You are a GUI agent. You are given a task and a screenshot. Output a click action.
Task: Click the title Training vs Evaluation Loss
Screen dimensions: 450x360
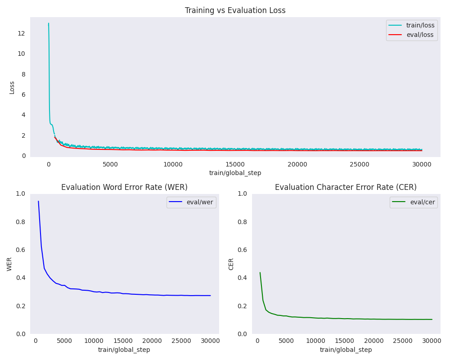[x=235, y=10]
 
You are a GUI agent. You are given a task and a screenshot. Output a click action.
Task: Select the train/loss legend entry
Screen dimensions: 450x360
[x=411, y=25]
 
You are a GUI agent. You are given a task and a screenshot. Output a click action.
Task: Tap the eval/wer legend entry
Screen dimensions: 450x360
[x=191, y=202]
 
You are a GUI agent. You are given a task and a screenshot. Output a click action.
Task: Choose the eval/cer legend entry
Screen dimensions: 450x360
[x=414, y=202]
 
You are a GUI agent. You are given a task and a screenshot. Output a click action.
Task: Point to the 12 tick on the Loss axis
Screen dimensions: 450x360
[x=21, y=33]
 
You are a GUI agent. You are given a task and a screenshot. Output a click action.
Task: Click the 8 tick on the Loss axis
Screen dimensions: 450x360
[x=23, y=74]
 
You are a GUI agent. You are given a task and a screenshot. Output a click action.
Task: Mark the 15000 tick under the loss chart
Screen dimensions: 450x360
[x=235, y=165]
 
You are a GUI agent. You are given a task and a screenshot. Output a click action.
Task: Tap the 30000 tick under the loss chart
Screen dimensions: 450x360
[x=422, y=165]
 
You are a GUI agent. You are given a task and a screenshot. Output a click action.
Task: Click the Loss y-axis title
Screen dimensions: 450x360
[x=12, y=88]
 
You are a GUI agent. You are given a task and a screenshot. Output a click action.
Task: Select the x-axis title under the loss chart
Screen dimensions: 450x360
[x=235, y=173]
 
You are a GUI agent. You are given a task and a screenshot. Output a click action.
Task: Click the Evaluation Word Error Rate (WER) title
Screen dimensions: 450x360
[x=124, y=187]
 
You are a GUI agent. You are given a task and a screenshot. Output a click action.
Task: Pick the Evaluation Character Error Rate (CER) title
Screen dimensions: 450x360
[x=346, y=187]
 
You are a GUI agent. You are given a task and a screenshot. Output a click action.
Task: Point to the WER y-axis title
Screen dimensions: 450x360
[x=9, y=264]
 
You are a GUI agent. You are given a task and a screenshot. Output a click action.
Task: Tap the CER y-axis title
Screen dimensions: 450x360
[x=231, y=264]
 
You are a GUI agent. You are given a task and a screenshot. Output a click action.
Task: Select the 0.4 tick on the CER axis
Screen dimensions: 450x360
[x=242, y=278]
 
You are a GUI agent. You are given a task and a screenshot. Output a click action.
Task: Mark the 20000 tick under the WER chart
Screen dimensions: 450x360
[x=152, y=341]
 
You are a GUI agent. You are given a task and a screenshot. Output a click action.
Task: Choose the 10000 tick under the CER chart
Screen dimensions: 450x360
[x=315, y=341]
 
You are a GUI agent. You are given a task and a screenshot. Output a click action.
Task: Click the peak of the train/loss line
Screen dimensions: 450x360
[x=49, y=23]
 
